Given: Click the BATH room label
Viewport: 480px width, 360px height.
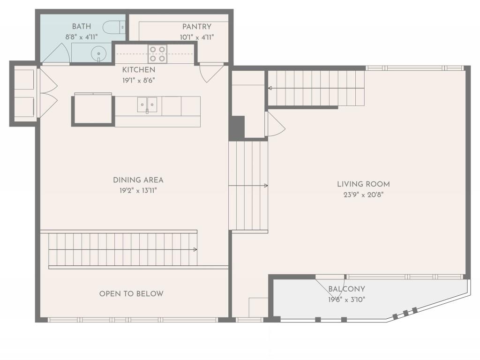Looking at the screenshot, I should coord(81,27).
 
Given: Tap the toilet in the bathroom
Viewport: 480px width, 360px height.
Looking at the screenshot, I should coord(113,28).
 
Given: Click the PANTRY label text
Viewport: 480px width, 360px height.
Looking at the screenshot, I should coord(197,27).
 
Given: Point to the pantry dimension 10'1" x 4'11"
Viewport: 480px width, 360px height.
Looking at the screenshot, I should coord(197,37).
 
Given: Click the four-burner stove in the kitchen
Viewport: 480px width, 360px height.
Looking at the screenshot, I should coord(157,54).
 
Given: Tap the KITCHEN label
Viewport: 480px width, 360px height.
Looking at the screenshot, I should coord(139,70).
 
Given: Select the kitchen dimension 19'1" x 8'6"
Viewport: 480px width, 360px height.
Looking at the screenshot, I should coord(139,80).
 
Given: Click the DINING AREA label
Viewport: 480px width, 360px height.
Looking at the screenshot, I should coord(138,180).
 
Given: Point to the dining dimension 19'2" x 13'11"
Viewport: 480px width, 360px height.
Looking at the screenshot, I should coord(138,190).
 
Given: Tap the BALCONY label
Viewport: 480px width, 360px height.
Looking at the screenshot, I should coord(346,289).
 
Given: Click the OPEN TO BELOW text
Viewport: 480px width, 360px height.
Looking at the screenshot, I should coord(131,294).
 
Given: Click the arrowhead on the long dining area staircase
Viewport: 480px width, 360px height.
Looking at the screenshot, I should coord(195,250).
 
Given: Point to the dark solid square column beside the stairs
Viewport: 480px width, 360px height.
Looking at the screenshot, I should coord(237,127).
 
